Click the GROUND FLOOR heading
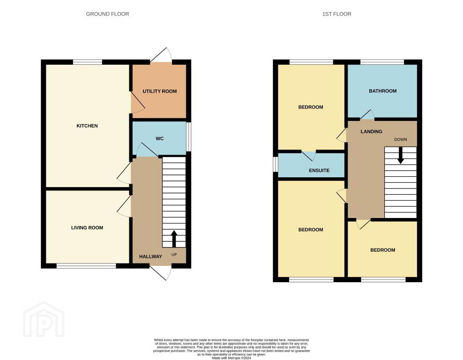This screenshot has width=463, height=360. (107, 14)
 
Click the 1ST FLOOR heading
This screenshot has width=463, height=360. (336, 14)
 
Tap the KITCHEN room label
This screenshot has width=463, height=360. (87, 126)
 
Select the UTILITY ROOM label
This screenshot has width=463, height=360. (160, 91)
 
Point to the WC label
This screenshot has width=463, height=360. (160, 138)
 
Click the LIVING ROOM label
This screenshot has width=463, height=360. (87, 228)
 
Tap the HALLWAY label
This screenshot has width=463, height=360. (150, 256)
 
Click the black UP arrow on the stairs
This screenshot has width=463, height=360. (174, 239)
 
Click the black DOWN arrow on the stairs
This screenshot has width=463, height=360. (400, 155)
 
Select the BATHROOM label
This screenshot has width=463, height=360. (383, 91)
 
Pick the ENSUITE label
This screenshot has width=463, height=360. (319, 171)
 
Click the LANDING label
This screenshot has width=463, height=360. (372, 131)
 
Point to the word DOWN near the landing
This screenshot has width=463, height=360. (401, 139)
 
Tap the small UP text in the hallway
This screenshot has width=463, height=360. (174, 255)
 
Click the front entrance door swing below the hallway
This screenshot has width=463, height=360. (161, 272)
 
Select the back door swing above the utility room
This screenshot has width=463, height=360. (161, 55)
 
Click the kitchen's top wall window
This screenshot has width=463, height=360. (88, 62)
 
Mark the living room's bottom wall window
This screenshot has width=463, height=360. (86, 266)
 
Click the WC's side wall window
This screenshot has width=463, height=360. (189, 137)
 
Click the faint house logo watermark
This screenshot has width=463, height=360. (44, 320)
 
